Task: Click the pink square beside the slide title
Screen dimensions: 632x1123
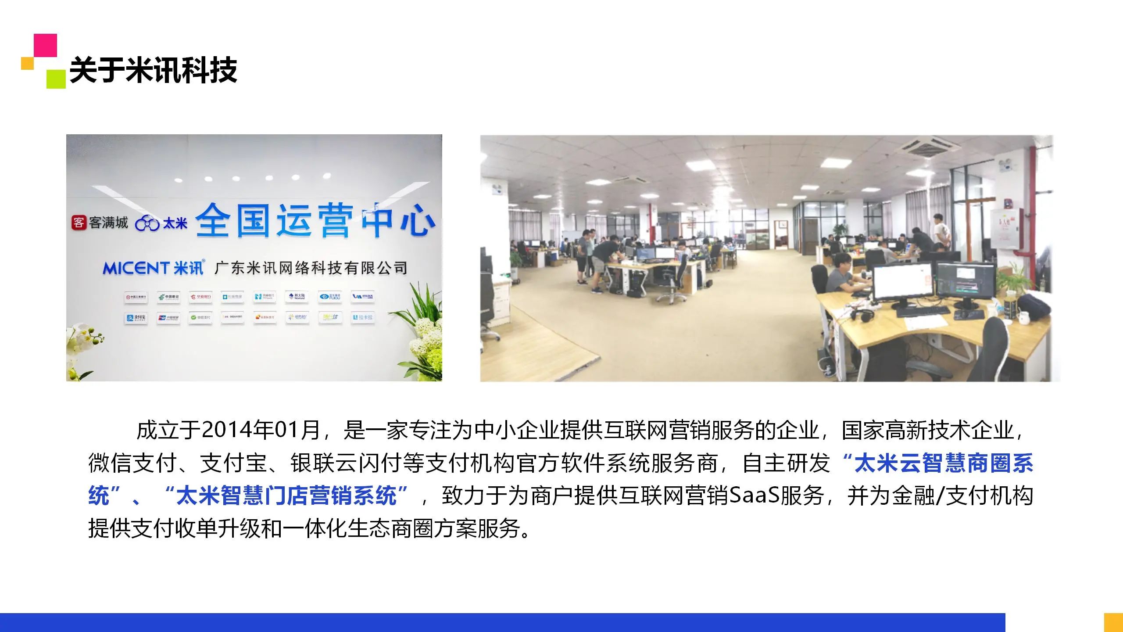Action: (46, 45)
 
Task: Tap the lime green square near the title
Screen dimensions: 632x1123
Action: (56, 79)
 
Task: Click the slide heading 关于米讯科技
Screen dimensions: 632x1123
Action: (154, 70)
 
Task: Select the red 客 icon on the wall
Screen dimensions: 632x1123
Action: (79, 222)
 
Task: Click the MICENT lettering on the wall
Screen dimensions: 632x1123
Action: (136, 268)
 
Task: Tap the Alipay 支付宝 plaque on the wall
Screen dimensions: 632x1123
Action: (136, 318)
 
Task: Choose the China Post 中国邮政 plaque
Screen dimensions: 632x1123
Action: (168, 297)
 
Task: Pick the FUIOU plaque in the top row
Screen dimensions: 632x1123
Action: (330, 297)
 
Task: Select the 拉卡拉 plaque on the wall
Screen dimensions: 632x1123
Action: (362, 317)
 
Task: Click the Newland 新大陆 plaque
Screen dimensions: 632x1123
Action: (297, 297)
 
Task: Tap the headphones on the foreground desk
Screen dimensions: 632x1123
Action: (860, 314)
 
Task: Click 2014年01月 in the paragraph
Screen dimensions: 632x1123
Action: (261, 431)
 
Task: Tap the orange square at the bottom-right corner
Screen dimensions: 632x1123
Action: (1113, 622)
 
